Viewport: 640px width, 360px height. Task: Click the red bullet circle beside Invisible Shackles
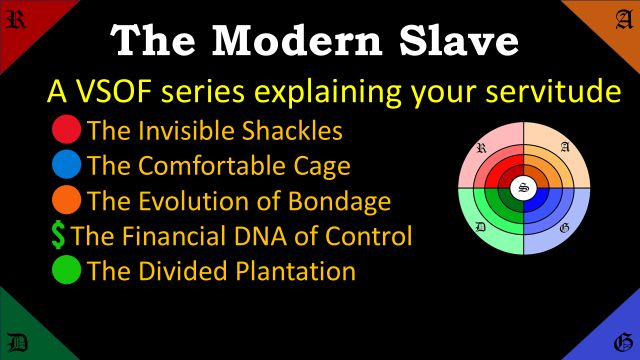click(x=66, y=130)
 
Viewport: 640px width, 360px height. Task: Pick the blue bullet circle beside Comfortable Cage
click(x=66, y=165)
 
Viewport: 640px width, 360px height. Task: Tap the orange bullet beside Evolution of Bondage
click(x=66, y=201)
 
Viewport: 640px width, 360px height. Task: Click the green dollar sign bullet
click(x=58, y=236)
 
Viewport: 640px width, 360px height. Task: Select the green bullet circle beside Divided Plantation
click(x=66, y=271)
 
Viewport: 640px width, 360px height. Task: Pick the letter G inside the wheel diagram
click(x=565, y=229)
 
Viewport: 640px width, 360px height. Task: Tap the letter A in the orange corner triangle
click(x=621, y=20)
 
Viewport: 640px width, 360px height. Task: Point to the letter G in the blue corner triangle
click(x=621, y=340)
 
